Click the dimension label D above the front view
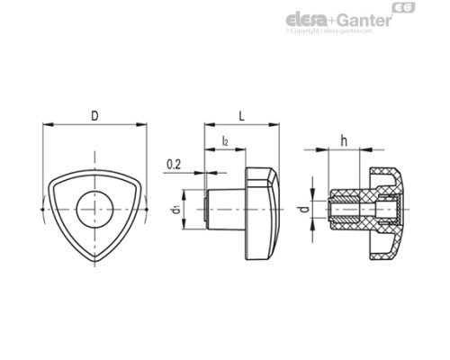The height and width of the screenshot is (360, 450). pos(94,115)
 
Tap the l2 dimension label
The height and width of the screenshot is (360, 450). pos(224,141)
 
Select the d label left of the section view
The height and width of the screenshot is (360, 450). pos(302,211)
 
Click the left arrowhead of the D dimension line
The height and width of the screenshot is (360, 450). pos(47,125)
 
